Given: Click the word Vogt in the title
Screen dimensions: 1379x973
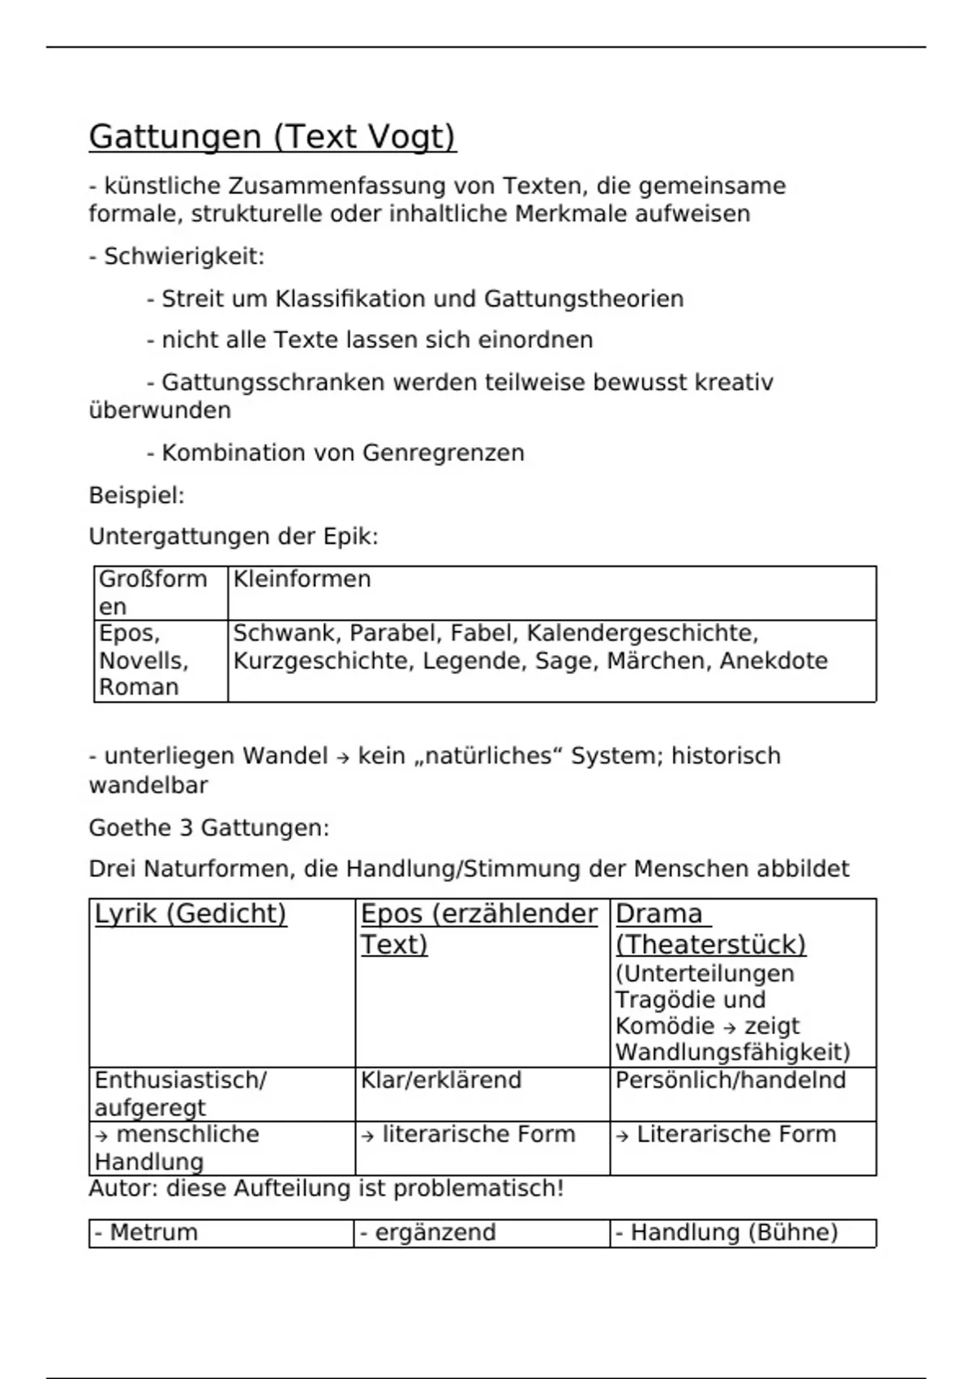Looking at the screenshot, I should [411, 137].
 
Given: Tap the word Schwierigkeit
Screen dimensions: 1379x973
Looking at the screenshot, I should [184, 257].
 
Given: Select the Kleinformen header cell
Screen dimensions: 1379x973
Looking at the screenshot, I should [302, 579].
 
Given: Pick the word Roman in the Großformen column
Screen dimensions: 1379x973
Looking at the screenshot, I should [139, 687].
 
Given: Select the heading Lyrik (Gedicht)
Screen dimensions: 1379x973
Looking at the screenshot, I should [191, 914].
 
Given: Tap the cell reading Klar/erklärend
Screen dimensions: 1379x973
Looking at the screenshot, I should [441, 1080].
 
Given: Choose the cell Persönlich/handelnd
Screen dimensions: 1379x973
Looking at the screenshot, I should [731, 1080].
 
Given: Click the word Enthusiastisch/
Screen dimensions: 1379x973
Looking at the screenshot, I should [180, 1080].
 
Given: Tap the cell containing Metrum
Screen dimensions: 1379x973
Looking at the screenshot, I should [146, 1233].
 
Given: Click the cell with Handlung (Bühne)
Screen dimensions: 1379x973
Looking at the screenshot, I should [727, 1233].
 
